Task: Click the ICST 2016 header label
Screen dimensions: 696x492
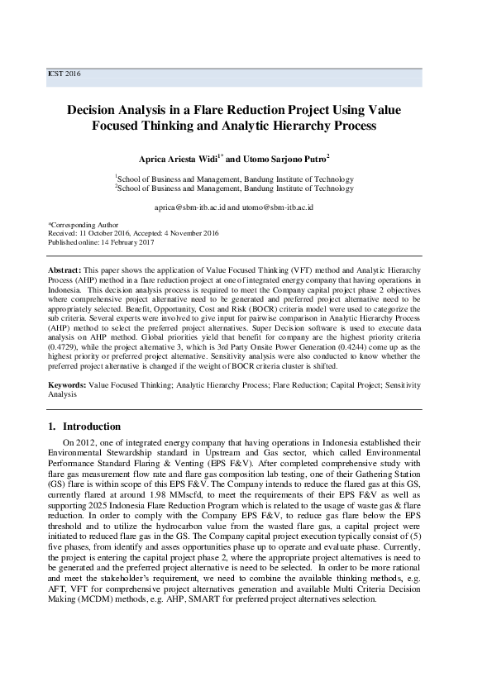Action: pos(64,74)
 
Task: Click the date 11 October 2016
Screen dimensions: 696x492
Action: pos(112,233)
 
